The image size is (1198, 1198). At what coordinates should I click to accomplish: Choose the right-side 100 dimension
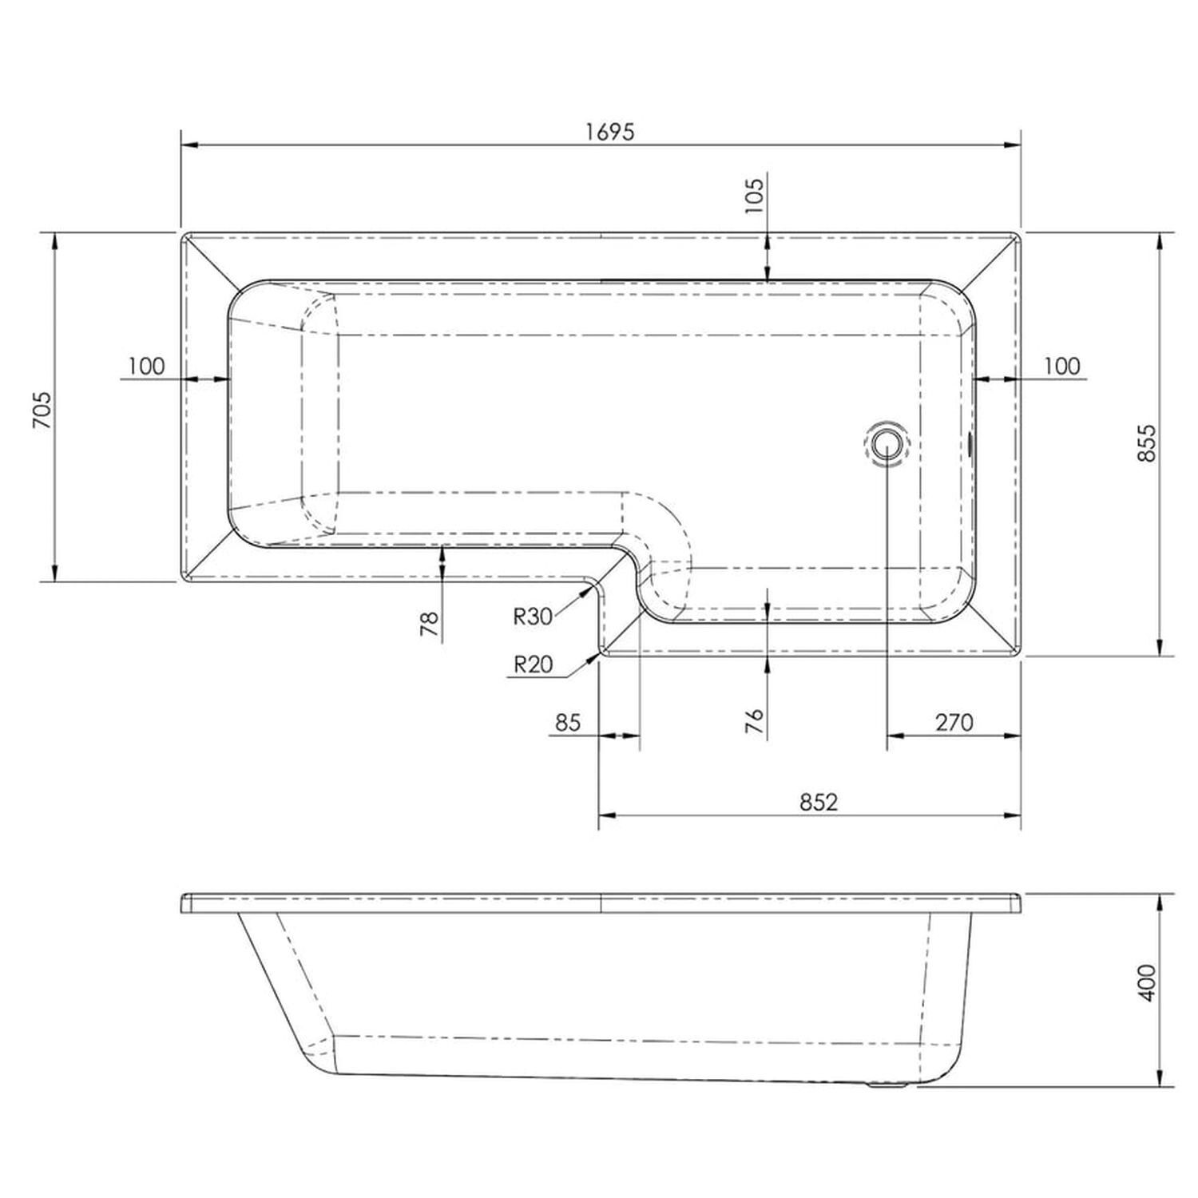[1061, 366]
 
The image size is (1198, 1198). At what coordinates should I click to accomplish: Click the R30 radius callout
[533, 616]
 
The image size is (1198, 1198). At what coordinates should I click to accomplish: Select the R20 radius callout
[533, 664]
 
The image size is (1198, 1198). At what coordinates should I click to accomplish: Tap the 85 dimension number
[566, 722]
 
